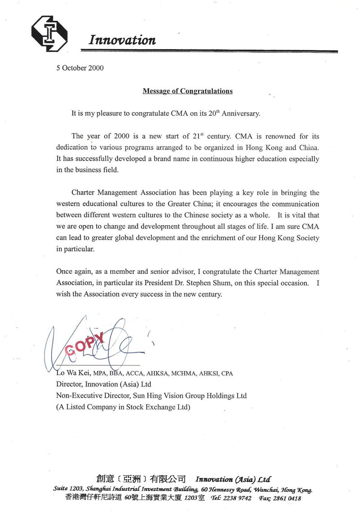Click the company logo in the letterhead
coord(49,33)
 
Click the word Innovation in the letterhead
coord(122,40)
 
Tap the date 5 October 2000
coord(80,68)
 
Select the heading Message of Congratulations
coord(188,91)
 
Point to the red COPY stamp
coord(85,343)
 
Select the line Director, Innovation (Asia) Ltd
coord(103,385)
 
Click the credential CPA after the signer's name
coord(227,374)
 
